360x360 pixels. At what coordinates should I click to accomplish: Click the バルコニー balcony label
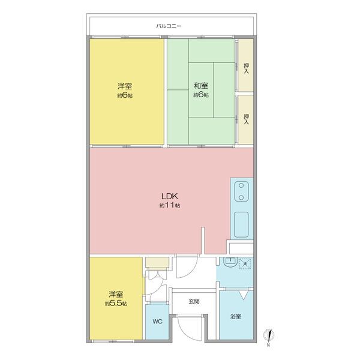169,26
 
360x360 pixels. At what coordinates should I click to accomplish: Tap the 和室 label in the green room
201,86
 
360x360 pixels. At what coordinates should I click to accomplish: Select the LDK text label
170,196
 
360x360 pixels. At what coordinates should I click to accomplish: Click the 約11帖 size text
170,205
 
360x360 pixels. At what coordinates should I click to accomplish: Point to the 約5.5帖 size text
116,304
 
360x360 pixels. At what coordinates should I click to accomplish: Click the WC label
157,322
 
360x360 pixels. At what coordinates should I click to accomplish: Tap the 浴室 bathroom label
236,317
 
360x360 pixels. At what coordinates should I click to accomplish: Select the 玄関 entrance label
194,301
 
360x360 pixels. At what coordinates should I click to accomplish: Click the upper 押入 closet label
246,68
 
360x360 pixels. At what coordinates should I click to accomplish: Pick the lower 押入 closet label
246,119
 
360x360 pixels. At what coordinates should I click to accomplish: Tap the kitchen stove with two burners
241,191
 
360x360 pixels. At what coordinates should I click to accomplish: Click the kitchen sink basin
241,224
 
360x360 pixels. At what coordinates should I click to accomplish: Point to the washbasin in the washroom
230,262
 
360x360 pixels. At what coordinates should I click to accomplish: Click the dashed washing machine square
245,263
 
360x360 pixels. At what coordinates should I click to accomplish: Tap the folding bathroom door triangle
243,295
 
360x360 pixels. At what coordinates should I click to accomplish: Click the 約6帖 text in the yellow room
125,95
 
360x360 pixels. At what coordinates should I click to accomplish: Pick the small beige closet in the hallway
157,262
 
